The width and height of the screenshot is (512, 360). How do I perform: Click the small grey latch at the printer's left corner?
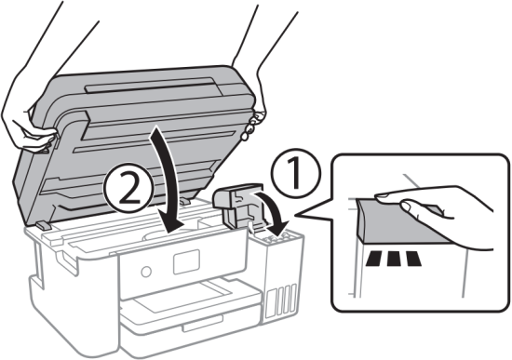coord(44,226)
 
